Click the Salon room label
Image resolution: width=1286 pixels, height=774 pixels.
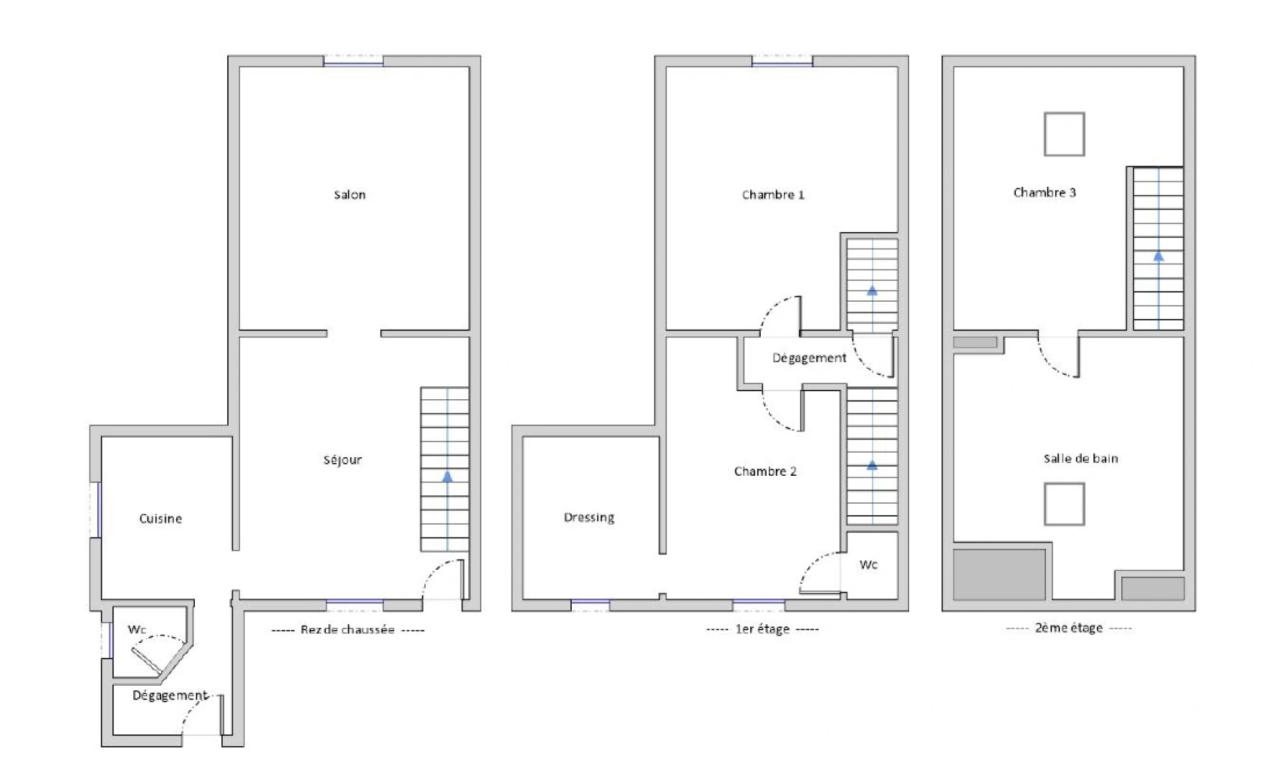350,195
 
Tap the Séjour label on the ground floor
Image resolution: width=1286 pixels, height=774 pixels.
342,460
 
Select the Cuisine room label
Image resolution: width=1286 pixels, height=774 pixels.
160,519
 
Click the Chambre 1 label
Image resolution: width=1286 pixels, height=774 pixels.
773,195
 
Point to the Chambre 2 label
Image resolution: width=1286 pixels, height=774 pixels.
765,472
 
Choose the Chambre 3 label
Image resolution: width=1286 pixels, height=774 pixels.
1045,193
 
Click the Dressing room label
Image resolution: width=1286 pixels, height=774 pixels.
589,517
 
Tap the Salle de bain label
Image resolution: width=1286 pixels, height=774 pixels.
1080,459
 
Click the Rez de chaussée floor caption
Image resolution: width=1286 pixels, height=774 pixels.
347,630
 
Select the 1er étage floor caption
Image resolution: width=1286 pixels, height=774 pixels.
762,629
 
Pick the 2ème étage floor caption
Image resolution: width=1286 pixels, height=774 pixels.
1069,628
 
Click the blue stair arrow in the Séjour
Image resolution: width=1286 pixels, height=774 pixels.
448,476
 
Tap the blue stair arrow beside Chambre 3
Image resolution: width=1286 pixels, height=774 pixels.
1158,256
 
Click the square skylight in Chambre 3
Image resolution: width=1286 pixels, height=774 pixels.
1064,134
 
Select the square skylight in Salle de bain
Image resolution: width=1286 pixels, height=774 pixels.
1064,504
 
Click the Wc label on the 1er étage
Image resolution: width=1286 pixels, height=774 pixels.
868,565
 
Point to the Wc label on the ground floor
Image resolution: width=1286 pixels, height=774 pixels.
137,630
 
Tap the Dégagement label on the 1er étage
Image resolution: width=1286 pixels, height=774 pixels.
809,358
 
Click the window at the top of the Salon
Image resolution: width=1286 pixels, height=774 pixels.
353,61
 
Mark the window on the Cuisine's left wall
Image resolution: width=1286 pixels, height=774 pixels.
95,510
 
